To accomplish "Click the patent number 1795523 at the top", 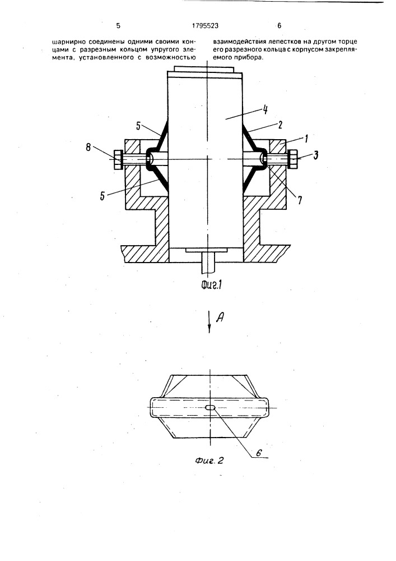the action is click(x=206, y=26).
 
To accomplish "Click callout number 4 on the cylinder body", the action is click(x=265, y=109).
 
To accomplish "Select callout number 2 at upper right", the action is click(x=280, y=125).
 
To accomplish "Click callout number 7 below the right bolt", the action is click(x=299, y=200).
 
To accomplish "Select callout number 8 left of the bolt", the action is click(x=88, y=146).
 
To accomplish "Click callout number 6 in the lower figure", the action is click(x=259, y=452).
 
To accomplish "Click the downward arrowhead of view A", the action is click(x=209, y=329).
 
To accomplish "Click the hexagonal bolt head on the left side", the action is click(x=118, y=159).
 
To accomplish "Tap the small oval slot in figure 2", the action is click(x=210, y=407).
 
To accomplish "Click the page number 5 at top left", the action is click(x=118, y=26).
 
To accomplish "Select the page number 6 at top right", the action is click(x=279, y=26).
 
